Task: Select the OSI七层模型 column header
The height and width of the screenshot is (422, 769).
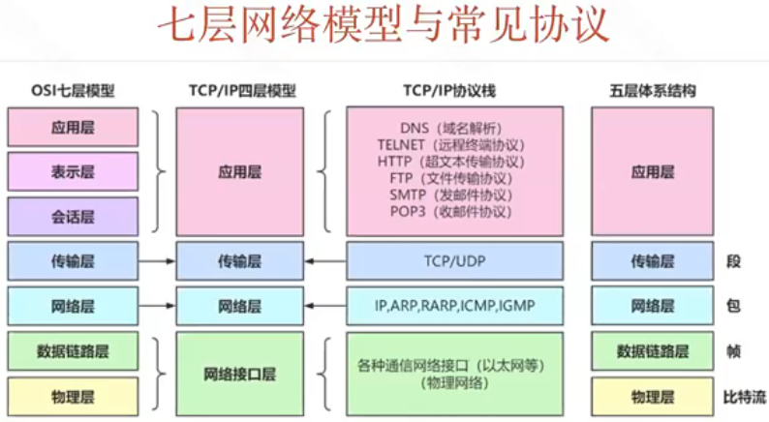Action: [73, 91]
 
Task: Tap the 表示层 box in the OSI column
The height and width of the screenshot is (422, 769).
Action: [73, 172]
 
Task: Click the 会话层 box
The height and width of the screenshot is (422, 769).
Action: [73, 217]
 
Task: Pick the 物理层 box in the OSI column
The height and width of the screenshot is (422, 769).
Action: [73, 396]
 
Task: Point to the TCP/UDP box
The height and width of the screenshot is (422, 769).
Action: [454, 261]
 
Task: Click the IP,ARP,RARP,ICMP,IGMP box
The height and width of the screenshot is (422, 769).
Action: [454, 306]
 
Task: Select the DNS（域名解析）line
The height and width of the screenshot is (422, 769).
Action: [451, 128]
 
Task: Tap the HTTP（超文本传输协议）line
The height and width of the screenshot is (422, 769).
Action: [451, 161]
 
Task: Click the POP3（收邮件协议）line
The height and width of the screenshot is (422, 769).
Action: [451, 211]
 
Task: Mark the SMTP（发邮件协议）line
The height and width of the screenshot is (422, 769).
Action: [451, 195]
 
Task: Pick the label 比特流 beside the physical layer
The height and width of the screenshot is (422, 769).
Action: [745, 396]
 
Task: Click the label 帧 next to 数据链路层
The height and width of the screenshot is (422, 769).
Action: [732, 351]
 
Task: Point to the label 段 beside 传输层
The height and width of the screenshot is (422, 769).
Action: [732, 261]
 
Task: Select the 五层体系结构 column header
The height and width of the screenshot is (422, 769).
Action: [652, 91]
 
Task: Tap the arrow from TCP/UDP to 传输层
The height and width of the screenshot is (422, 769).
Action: [325, 261]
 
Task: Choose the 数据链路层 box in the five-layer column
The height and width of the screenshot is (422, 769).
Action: [652, 351]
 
